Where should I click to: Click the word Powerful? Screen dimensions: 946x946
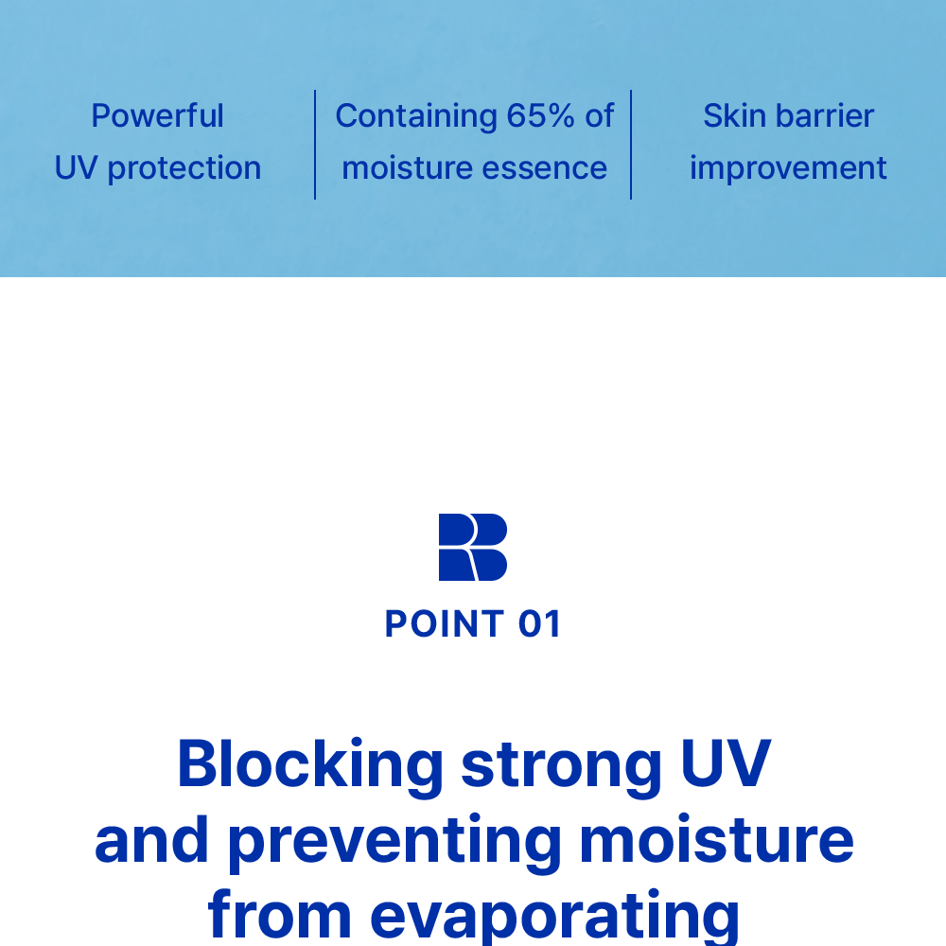click(157, 115)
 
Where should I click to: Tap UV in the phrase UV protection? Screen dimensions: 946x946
click(76, 167)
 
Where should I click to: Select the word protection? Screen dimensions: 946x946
click(184, 169)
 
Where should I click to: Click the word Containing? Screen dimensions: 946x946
click(416, 116)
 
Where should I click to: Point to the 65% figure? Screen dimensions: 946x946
click(540, 115)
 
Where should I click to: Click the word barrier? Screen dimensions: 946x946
click(825, 115)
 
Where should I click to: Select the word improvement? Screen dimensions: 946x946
click(788, 169)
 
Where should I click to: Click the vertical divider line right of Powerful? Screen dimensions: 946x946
click(315, 145)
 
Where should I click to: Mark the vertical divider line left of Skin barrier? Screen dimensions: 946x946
click(630, 145)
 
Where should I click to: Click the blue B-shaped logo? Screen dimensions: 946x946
click(472, 547)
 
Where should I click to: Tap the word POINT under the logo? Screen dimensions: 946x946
click(445, 623)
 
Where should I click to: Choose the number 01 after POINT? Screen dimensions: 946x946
click(539, 623)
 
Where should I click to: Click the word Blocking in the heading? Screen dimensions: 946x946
click(310, 766)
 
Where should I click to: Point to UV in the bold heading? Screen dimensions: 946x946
click(726, 762)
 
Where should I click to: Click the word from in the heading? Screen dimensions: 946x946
click(279, 915)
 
